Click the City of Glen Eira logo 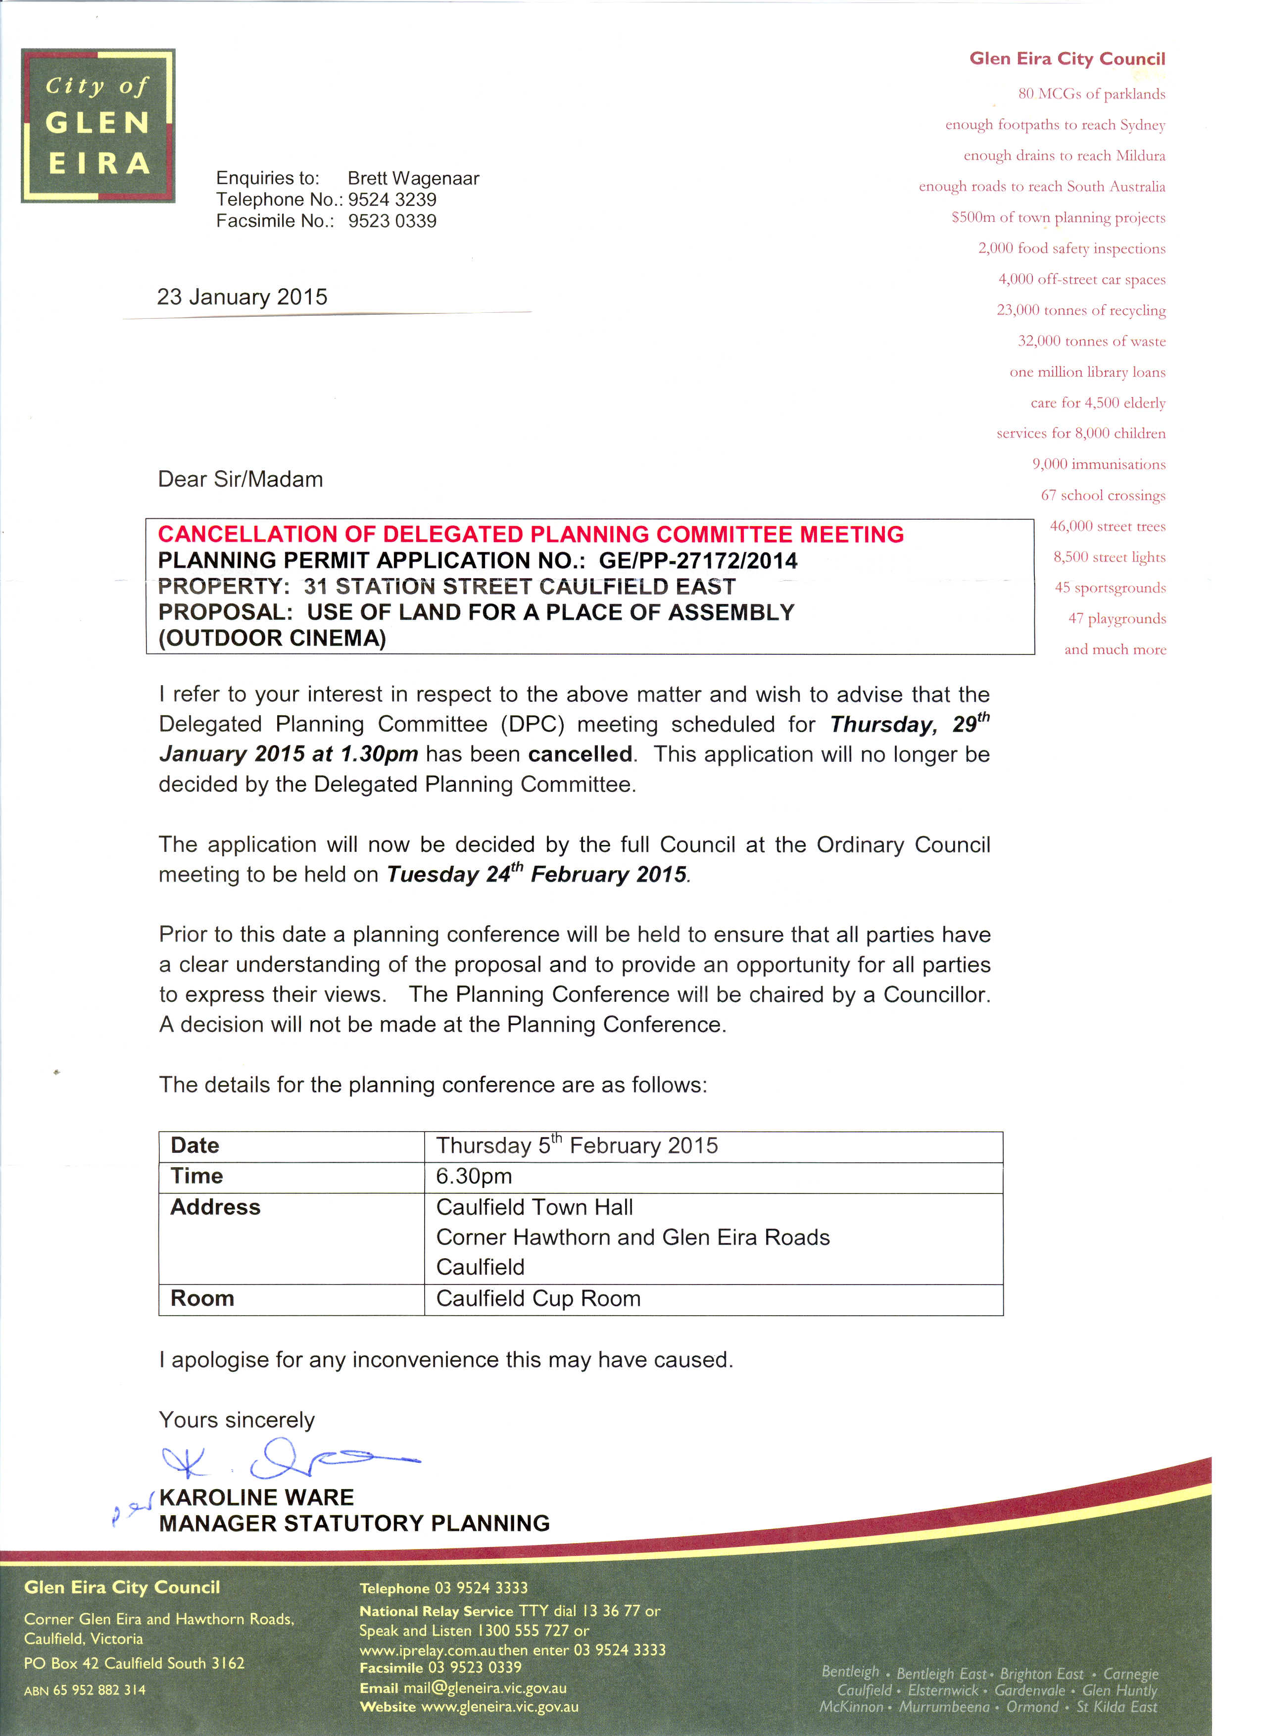tap(98, 126)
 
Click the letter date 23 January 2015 tap(242, 297)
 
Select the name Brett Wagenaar tap(413, 178)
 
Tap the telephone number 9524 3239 tap(392, 200)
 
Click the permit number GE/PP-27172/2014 tap(697, 560)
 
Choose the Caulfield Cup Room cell tap(538, 1298)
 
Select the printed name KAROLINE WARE tap(256, 1497)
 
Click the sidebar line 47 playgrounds tap(1116, 618)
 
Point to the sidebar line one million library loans tap(1087, 372)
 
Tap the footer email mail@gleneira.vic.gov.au tap(485, 1688)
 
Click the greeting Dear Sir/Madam tap(241, 479)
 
